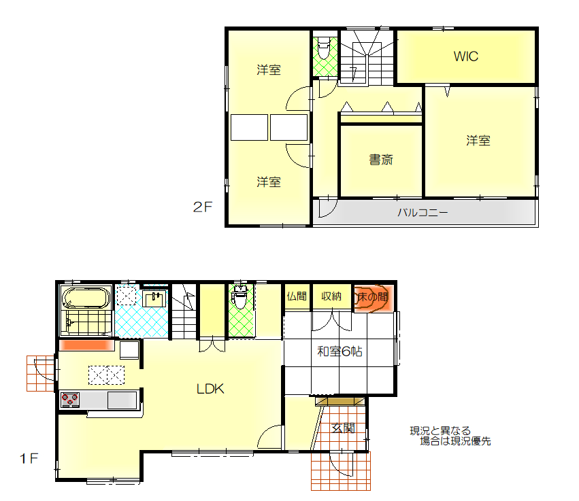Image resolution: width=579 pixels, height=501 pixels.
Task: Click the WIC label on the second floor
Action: (x=465, y=56)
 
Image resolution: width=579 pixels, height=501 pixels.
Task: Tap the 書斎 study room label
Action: (x=381, y=160)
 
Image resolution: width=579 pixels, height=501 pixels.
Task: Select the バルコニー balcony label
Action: (x=423, y=213)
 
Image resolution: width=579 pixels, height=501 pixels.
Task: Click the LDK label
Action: (x=210, y=388)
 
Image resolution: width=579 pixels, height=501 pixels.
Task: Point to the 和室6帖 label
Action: (x=340, y=351)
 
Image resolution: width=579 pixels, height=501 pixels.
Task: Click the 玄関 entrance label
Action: (x=344, y=428)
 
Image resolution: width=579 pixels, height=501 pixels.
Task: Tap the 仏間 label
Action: (x=297, y=296)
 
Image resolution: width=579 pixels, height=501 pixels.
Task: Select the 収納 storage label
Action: (x=331, y=296)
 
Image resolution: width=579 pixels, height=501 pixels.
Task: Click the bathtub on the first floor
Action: (x=86, y=298)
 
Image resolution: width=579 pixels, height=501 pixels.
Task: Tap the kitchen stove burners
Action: (x=70, y=400)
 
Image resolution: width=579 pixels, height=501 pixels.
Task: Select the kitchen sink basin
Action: (x=122, y=400)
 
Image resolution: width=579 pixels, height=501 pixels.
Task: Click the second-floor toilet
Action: (x=323, y=48)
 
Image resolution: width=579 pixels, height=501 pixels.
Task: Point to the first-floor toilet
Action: (x=240, y=297)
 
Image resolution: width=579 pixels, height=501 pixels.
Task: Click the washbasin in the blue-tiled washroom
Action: (x=154, y=298)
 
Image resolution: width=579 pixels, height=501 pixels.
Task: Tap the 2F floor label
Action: (x=203, y=207)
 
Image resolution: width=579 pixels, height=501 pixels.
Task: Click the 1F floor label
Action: (x=29, y=459)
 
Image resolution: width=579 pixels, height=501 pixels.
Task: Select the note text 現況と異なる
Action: (x=440, y=430)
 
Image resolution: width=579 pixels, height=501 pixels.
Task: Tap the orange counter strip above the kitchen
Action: (x=87, y=345)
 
